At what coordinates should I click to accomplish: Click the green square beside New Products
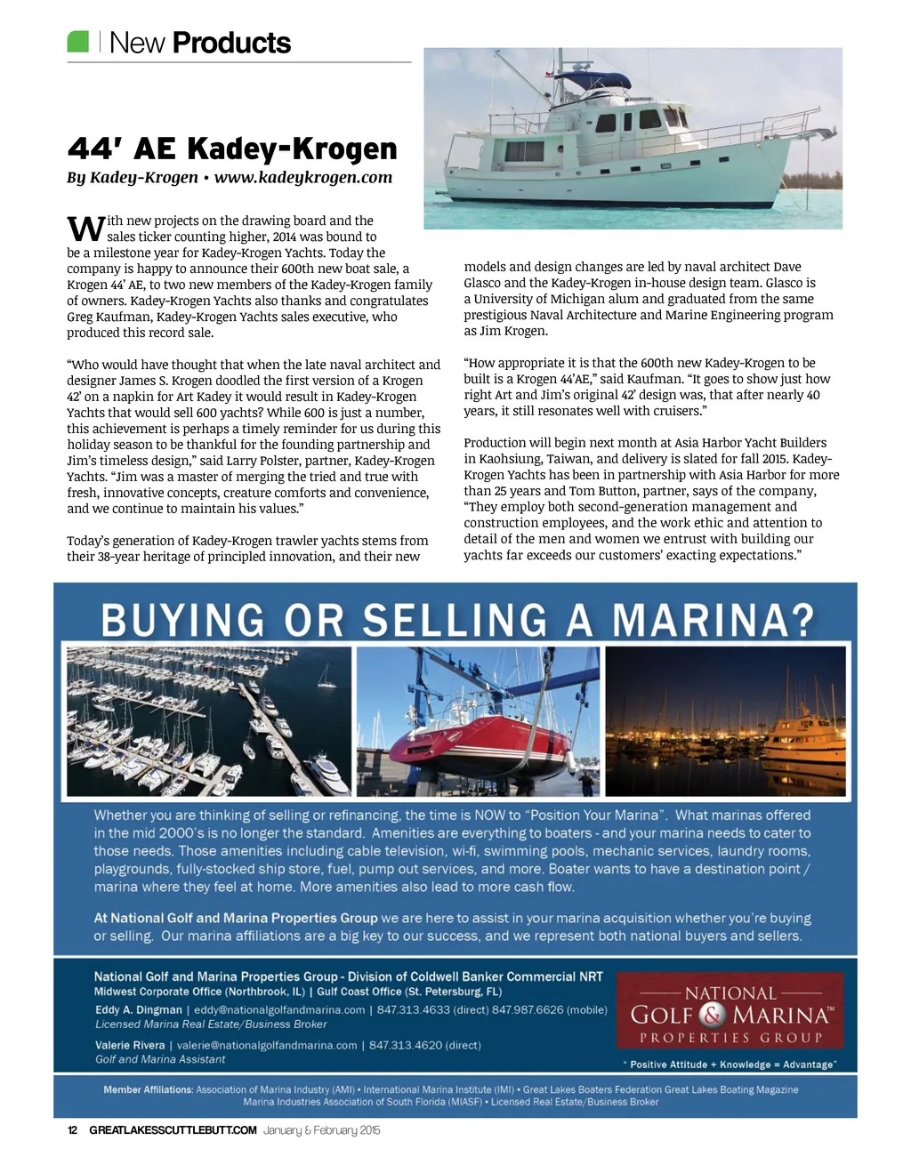[78, 41]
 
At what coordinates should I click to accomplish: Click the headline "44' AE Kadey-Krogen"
[232, 149]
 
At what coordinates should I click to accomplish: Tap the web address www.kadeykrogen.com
[302, 177]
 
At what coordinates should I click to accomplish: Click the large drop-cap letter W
[85, 229]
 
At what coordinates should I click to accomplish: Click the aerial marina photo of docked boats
[209, 721]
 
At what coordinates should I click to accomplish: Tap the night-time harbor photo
[725, 721]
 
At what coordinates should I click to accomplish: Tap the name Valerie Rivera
[130, 1045]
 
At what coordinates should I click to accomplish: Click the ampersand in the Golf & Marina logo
[713, 1015]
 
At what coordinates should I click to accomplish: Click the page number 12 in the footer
[73, 1130]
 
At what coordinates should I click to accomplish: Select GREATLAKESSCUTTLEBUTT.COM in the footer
[173, 1130]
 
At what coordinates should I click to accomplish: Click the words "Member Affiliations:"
[148, 1089]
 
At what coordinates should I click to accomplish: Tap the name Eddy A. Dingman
[139, 1009]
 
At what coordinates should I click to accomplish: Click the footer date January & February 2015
[321, 1130]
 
